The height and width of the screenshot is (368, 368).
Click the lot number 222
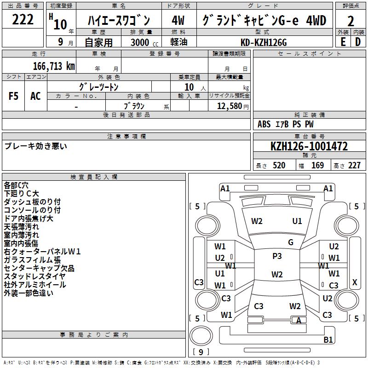pyautogui.click(x=23, y=20)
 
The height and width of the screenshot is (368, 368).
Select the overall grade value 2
pyautogui.click(x=351, y=21)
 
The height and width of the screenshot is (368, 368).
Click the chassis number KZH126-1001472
pyautogui.click(x=309, y=147)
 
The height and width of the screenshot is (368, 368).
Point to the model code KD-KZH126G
pyautogui.click(x=264, y=42)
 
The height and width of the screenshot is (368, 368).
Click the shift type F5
pyautogui.click(x=14, y=96)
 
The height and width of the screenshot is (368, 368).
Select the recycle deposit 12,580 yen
pyautogui.click(x=229, y=106)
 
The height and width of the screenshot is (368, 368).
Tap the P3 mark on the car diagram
pyautogui.click(x=277, y=256)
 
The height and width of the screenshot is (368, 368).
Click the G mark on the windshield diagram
pyautogui.click(x=291, y=242)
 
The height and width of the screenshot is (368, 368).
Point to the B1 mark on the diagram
pyautogui.click(x=328, y=340)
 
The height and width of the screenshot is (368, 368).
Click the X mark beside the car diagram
pyautogui.click(x=354, y=282)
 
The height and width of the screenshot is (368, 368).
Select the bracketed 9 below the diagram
pyautogui.click(x=201, y=352)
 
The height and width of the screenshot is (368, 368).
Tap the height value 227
pyautogui.click(x=354, y=166)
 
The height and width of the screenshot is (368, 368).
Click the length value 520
pyautogui.click(x=279, y=166)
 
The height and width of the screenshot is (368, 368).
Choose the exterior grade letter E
pyautogui.click(x=343, y=41)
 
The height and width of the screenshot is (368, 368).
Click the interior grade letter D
pyautogui.click(x=358, y=41)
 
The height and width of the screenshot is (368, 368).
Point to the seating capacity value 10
pyautogui.click(x=189, y=87)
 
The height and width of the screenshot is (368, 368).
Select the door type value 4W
pyautogui.click(x=178, y=21)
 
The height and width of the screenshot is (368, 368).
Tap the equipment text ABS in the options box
pyautogui.click(x=264, y=124)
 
